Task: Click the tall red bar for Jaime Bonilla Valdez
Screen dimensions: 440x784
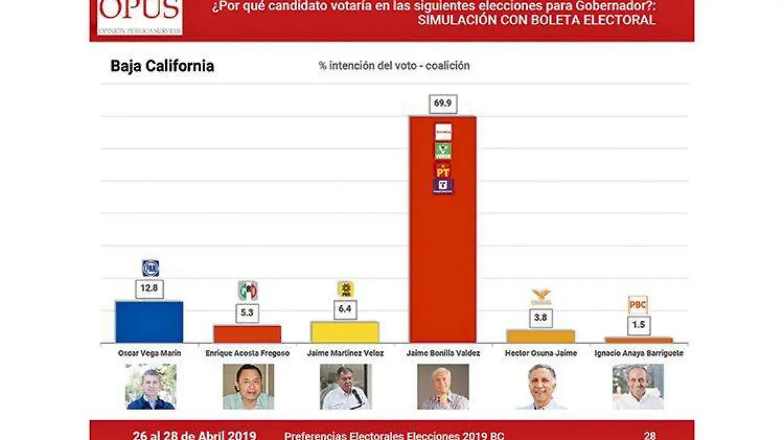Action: pyautogui.click(x=442, y=262)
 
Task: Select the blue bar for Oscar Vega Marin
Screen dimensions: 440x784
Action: pyautogui.click(x=149, y=322)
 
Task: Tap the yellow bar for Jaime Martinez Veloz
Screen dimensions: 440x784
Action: pyautogui.click(x=345, y=332)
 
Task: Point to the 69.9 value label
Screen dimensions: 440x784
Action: pyautogui.click(x=443, y=104)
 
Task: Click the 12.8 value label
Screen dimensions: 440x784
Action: pyautogui.click(x=150, y=289)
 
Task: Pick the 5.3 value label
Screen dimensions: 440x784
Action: pyautogui.click(x=248, y=313)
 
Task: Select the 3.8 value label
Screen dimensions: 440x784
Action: pyautogui.click(x=541, y=318)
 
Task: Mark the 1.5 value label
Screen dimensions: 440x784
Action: pyautogui.click(x=638, y=326)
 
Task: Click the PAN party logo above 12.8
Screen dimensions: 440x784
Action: pyautogui.click(x=150, y=268)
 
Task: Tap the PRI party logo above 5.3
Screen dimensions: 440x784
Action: pyautogui.click(x=248, y=290)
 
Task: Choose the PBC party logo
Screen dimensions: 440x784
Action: pyautogui.click(x=638, y=305)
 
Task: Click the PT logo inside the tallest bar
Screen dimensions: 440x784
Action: pyautogui.click(x=443, y=170)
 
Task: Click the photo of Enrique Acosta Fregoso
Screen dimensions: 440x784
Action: pyautogui.click(x=248, y=386)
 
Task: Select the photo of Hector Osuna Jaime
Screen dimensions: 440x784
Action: pyautogui.click(x=541, y=386)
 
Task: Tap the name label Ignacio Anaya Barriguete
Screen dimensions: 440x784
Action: pyautogui.click(x=638, y=353)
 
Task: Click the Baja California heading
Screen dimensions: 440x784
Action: pyautogui.click(x=162, y=66)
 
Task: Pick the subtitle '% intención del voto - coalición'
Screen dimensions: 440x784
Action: pyautogui.click(x=394, y=65)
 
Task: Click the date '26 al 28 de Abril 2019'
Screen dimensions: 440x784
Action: pyautogui.click(x=194, y=435)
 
